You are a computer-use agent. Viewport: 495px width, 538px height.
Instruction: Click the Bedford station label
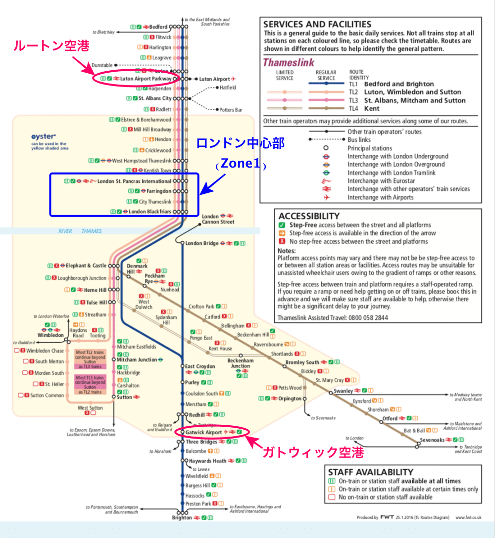[158, 27]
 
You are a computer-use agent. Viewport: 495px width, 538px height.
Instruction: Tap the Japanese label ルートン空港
[51, 46]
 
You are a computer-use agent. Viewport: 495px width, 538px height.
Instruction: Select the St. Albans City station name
[155, 98]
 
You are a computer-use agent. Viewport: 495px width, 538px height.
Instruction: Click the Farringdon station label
[159, 191]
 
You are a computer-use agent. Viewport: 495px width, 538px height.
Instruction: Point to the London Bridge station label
[201, 243]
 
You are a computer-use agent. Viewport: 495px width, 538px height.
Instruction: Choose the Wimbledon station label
[51, 335]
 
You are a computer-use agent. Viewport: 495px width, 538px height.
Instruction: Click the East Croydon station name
[200, 366]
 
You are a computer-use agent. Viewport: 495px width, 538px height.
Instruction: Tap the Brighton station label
[182, 518]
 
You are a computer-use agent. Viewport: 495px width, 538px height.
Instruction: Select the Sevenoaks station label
[432, 440]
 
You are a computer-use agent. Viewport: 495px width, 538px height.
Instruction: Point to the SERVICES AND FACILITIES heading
[317, 24]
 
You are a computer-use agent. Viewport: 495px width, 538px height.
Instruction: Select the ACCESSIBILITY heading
[309, 216]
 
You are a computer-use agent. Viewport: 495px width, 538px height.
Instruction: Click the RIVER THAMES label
[80, 231]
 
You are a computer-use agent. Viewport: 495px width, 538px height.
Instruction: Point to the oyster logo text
[44, 136]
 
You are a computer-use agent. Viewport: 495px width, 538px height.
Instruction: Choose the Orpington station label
[290, 399]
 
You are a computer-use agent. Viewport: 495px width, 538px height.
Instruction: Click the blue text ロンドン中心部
[241, 143]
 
